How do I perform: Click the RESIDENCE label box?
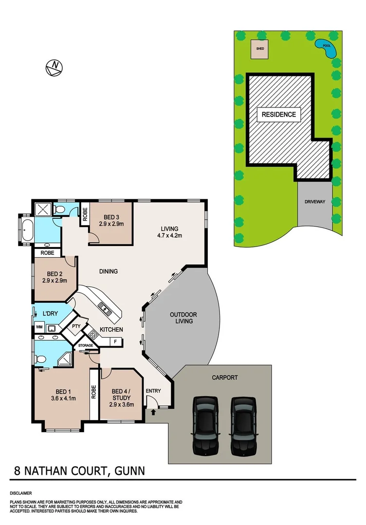[279, 115]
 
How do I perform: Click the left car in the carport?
[204, 425]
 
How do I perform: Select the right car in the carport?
[243, 425]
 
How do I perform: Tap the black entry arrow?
[154, 412]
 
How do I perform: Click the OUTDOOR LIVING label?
[181, 317]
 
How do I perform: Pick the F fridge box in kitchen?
[115, 342]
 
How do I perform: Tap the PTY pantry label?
[76, 326]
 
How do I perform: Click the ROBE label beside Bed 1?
[93, 392]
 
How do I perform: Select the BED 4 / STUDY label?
[121, 398]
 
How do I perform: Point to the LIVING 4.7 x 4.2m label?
[170, 232]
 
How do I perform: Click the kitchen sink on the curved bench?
[104, 307]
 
